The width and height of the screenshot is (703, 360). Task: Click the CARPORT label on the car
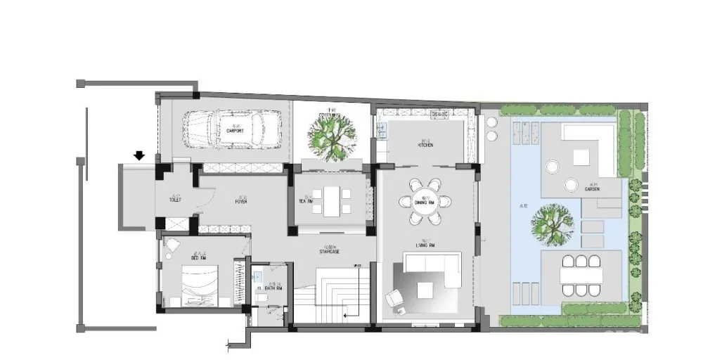coord(234,131)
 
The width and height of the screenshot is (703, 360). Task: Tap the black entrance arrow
coord(140,155)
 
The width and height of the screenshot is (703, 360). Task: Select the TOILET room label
coord(175,200)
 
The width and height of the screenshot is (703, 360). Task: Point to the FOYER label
coord(241,202)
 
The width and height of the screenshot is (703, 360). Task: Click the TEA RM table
coord(330,201)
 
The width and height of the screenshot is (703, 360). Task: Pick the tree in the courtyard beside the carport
coord(328,137)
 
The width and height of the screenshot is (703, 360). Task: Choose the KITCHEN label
coord(425,146)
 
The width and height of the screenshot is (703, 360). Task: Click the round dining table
coord(426,202)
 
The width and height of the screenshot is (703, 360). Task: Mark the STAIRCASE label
coord(329,251)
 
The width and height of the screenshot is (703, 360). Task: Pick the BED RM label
coord(179,258)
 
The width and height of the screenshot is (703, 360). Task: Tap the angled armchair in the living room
coord(394,299)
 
